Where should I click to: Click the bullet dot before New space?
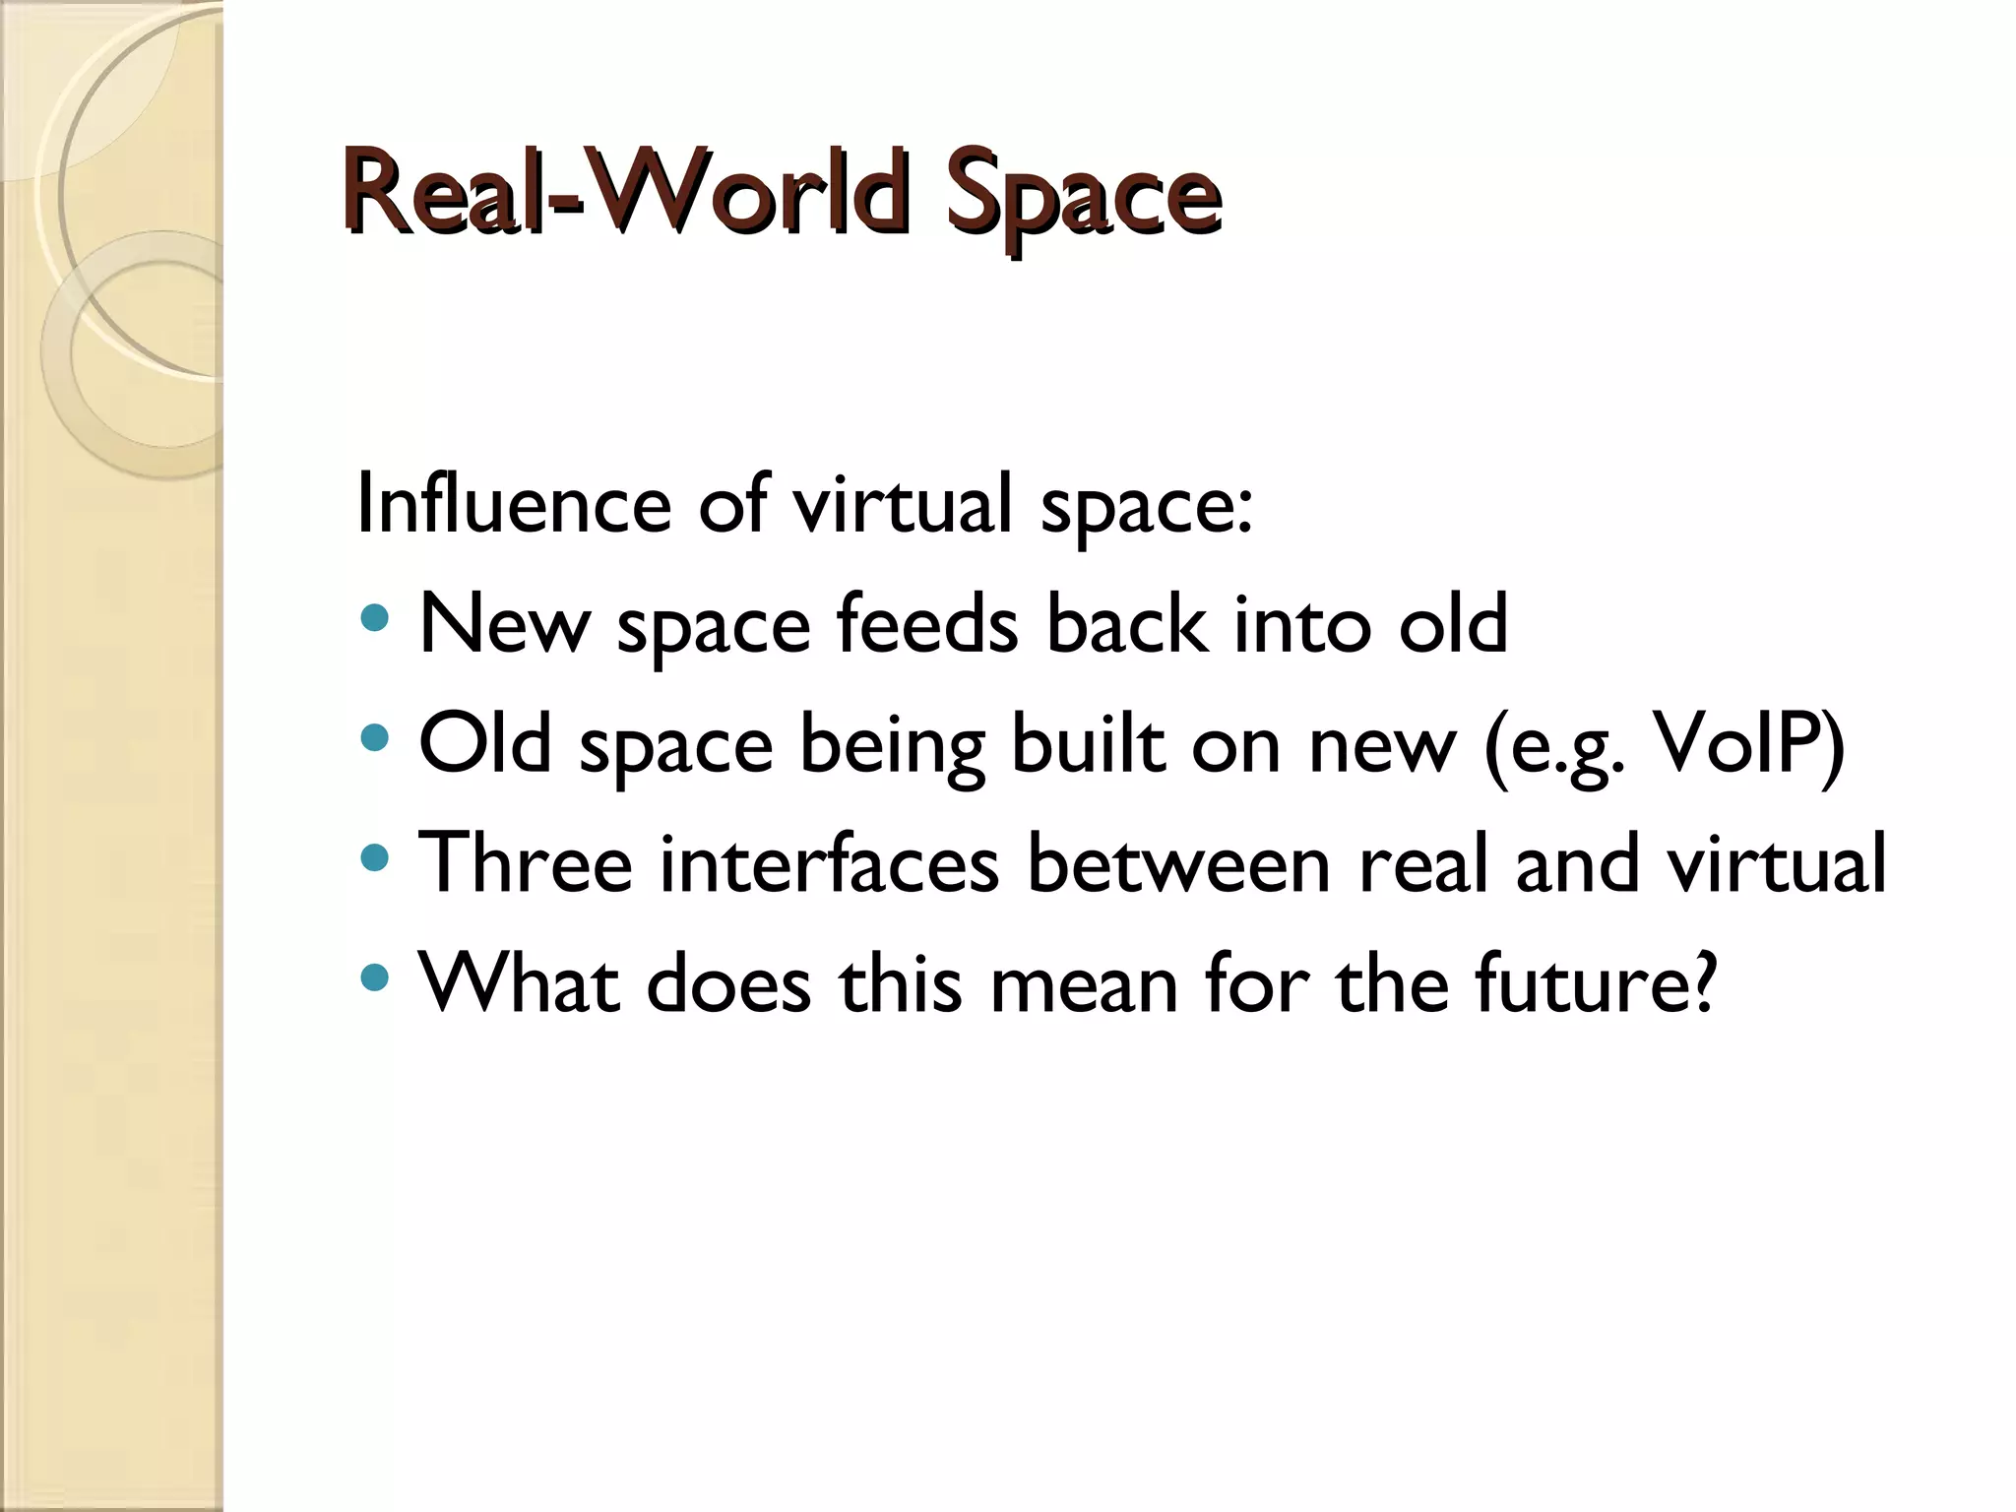(375, 619)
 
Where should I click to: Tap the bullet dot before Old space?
(375, 737)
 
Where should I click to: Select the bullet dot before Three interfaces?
(375, 857)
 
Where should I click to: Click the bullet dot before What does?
(375, 977)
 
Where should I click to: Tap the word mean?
(1084, 983)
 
